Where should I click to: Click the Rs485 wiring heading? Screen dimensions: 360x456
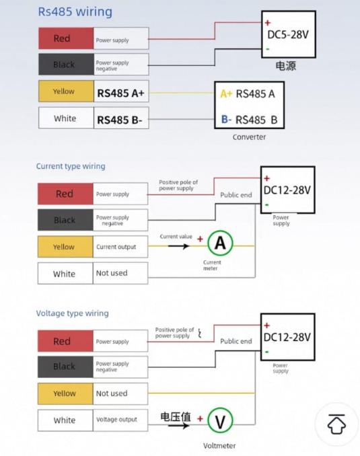(75, 12)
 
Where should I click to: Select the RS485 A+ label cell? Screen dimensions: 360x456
(121, 91)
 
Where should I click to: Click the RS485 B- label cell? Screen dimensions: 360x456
(121, 118)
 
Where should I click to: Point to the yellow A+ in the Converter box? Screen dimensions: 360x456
(226, 93)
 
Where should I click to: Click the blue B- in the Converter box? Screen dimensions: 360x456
(226, 119)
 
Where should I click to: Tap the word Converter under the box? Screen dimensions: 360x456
(249, 137)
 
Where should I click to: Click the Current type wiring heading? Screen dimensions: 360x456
(71, 166)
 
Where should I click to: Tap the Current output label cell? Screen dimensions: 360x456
(120, 247)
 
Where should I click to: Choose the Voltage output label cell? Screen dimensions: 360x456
(120, 420)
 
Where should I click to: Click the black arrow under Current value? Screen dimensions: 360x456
(179, 246)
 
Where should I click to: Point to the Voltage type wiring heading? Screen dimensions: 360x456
(73, 313)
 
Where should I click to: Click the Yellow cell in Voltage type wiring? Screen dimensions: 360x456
(65, 393)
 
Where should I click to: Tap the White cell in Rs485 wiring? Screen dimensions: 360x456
(66, 118)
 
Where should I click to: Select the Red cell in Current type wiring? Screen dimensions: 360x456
(65, 194)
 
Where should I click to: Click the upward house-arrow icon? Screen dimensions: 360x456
(336, 424)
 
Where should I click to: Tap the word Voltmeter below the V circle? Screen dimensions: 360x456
(219, 445)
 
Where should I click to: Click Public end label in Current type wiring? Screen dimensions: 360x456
(236, 195)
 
